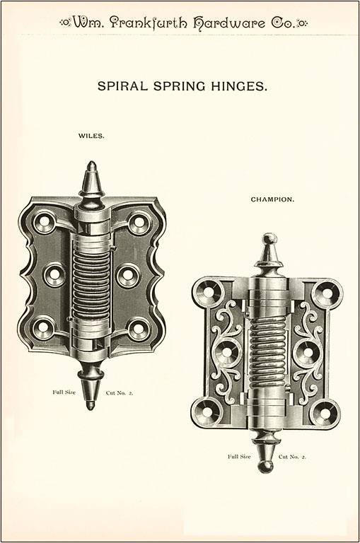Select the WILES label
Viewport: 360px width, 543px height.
point(91,136)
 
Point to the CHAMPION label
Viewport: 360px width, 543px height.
point(272,199)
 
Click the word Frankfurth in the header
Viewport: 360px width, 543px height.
point(149,23)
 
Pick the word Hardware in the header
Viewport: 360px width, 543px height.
point(229,23)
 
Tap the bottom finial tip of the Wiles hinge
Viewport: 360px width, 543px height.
point(91,406)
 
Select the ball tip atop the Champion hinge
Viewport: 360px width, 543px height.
point(270,239)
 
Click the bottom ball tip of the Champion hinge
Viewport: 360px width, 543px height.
point(266,467)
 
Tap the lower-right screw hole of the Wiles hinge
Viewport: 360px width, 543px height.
point(139,328)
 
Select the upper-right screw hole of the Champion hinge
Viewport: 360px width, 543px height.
point(327,293)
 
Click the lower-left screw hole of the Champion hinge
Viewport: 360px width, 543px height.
point(207,412)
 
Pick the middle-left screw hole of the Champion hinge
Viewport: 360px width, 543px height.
point(226,352)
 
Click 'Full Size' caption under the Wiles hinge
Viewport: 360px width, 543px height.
point(64,392)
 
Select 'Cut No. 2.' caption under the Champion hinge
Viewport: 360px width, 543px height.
point(292,457)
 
